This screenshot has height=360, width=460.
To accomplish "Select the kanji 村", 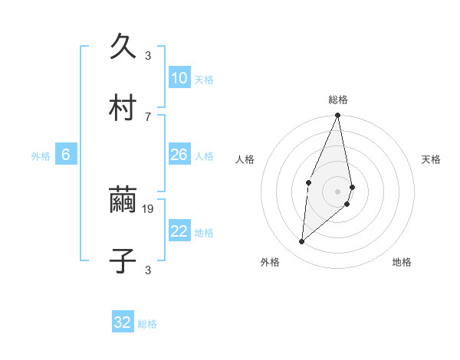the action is (x=123, y=108).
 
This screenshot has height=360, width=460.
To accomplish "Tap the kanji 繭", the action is (x=123, y=201).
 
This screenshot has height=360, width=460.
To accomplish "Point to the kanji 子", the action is (x=123, y=261).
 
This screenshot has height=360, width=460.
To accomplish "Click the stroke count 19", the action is (x=149, y=208).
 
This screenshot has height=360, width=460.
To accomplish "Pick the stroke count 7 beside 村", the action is (x=148, y=116).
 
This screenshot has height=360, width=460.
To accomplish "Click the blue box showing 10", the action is (x=179, y=78).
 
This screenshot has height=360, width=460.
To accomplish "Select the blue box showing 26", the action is (x=179, y=155).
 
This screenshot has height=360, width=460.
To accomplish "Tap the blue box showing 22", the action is (x=179, y=231).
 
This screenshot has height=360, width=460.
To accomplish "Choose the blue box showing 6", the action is (x=66, y=155).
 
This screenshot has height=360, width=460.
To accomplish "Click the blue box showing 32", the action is (x=123, y=322).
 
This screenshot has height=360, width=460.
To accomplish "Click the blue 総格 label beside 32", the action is (x=147, y=324).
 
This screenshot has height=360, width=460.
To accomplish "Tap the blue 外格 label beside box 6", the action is (x=41, y=156).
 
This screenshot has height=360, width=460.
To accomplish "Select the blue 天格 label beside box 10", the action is (x=204, y=80).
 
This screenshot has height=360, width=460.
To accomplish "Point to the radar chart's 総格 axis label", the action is (x=338, y=100).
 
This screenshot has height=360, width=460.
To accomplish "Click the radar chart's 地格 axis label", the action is (x=402, y=263).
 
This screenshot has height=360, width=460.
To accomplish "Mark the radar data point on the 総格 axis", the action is (x=338, y=116).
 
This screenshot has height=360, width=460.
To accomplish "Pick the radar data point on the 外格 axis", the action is (x=302, y=242).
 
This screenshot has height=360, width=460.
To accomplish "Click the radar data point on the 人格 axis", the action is (x=308, y=182).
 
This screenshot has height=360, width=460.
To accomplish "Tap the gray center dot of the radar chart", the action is (x=338, y=191).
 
